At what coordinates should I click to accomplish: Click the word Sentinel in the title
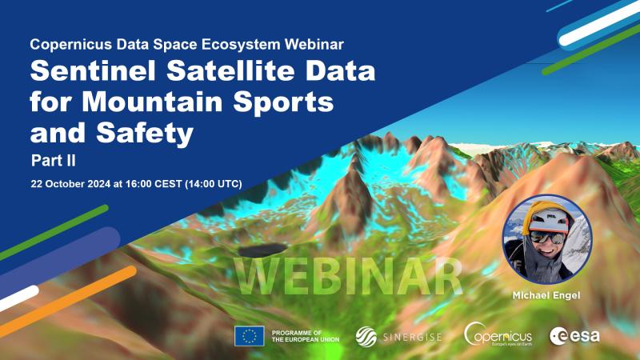[x=93, y=70]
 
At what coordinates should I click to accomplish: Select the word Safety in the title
[x=145, y=134]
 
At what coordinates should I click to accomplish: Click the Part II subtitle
[x=54, y=161]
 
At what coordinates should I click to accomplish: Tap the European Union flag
[x=250, y=336]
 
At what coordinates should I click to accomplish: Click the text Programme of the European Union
[x=306, y=336]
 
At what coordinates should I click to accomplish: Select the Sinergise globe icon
[x=366, y=337]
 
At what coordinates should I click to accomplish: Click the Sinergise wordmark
[x=413, y=337]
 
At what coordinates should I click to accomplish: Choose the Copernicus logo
[x=498, y=334]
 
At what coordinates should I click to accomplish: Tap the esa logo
[x=574, y=336]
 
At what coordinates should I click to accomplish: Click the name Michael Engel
[x=546, y=295]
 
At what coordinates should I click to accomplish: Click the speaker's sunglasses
[x=546, y=237]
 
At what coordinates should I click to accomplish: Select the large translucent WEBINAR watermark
[x=348, y=276]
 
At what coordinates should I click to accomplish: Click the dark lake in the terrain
[x=262, y=250]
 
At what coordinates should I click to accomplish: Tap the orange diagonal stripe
[x=68, y=302]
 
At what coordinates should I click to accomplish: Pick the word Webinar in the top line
[x=314, y=44]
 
